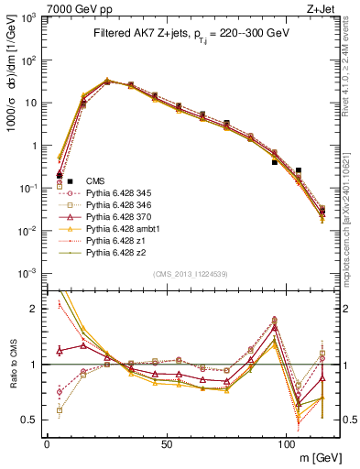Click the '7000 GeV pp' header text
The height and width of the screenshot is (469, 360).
80,8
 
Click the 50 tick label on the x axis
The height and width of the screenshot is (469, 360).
167,443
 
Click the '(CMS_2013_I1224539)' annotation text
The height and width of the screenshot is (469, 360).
191,273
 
